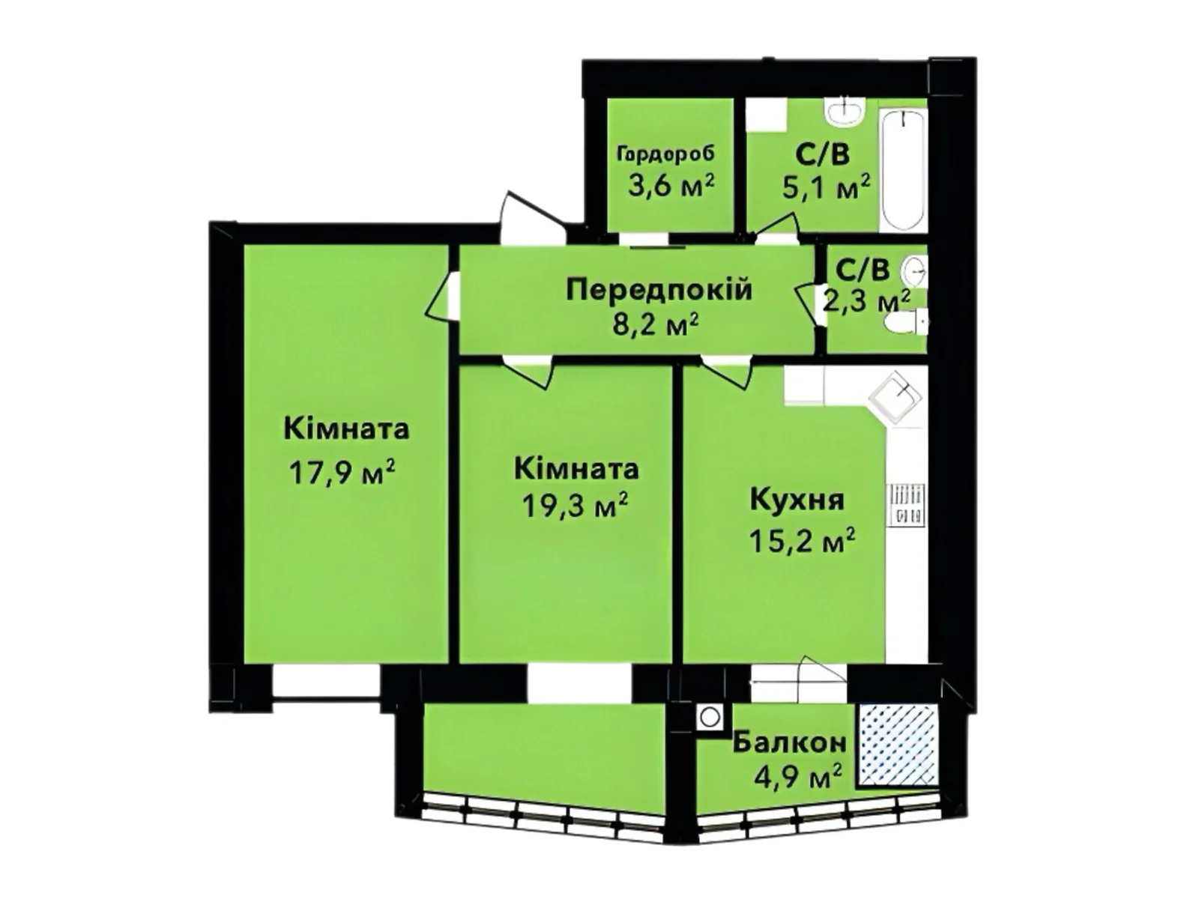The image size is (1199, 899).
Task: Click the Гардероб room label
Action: click(x=665, y=154)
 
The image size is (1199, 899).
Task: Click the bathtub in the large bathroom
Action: click(x=904, y=171)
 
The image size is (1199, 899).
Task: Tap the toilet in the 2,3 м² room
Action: click(x=905, y=323)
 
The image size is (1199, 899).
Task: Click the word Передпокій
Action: click(x=659, y=289)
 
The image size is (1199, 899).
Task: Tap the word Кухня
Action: click(x=797, y=500)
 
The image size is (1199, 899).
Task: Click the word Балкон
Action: click(x=790, y=742)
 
